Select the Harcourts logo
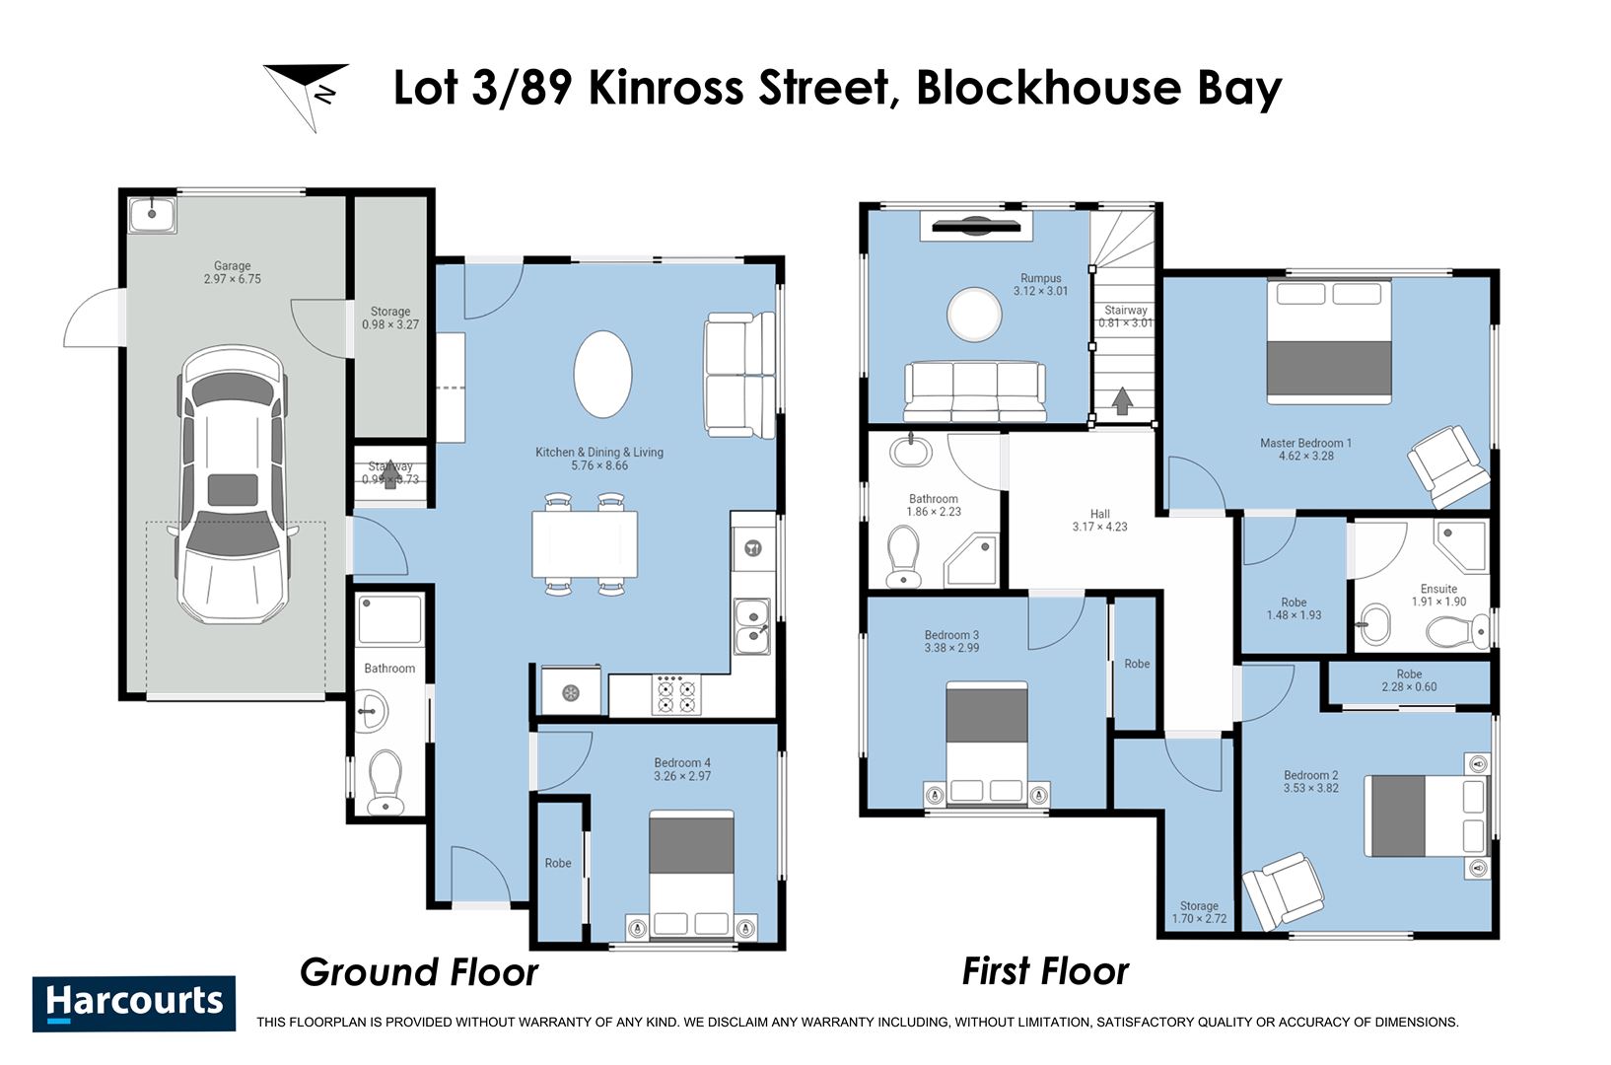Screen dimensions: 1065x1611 tap(134, 1003)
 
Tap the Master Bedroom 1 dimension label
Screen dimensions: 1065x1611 tap(1305, 450)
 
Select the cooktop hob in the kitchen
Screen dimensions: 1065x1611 tap(676, 693)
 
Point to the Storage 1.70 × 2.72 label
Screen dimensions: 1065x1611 tap(1199, 912)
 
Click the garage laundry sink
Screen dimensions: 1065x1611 tap(153, 213)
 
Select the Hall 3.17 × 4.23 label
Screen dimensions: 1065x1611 tap(1099, 521)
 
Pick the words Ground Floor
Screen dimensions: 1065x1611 tap(419, 972)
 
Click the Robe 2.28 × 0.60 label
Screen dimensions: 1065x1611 tap(1409, 680)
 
